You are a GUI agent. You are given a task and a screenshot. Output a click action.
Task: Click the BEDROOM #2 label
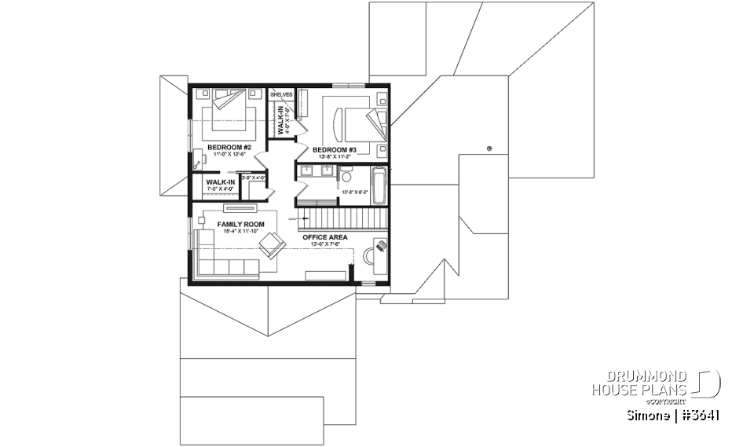[x=224, y=147]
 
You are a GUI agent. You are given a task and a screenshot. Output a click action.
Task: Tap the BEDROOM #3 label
[x=335, y=149]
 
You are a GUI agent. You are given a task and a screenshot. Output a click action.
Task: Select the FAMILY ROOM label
[x=241, y=224]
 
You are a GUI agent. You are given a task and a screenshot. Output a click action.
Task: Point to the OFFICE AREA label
[x=325, y=236]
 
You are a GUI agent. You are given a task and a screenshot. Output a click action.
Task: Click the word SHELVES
[x=281, y=94]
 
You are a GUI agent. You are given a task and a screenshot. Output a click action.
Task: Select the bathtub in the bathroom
[x=379, y=184]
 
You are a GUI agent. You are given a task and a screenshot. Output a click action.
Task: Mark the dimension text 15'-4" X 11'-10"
[x=241, y=232]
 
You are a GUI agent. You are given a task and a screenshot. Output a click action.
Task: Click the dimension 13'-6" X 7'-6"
[x=325, y=244]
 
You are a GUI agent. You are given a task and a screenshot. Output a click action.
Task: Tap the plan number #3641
[x=697, y=414]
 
